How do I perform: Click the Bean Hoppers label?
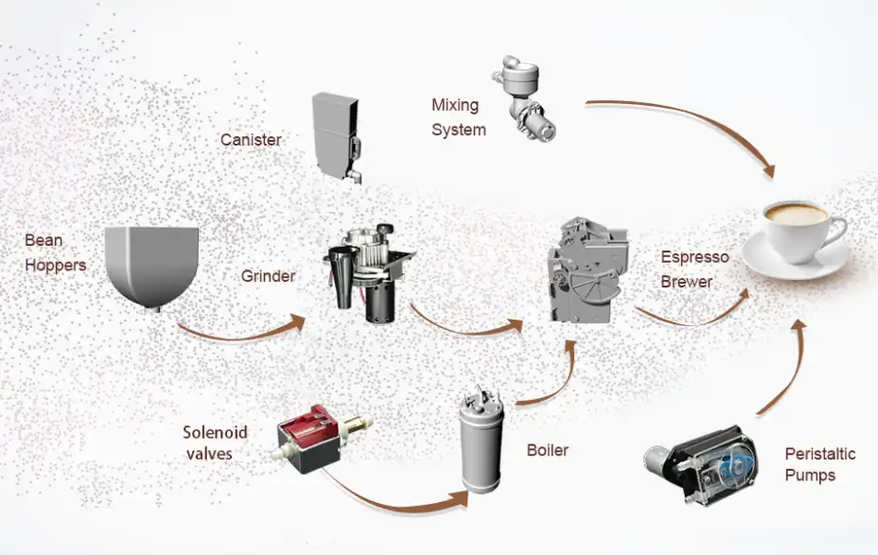click(55, 252)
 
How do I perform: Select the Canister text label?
click(251, 140)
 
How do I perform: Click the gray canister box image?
click(337, 129)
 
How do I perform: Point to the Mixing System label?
click(458, 117)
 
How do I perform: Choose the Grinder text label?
click(268, 277)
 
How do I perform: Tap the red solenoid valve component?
click(311, 436)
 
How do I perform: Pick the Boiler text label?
click(548, 450)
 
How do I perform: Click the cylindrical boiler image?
click(483, 444)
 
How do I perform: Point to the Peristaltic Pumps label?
click(819, 464)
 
